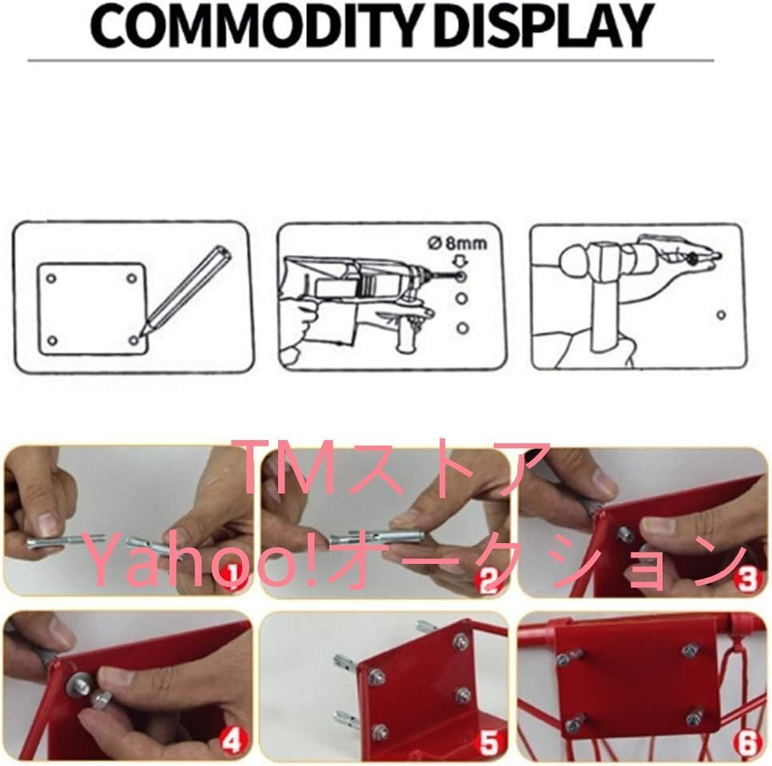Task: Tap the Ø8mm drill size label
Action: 457,244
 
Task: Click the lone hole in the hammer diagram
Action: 721,315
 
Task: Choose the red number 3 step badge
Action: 747,580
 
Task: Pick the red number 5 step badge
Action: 489,743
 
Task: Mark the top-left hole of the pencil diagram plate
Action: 50,279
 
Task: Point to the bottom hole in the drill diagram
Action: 462,327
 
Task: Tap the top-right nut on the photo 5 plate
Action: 461,641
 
